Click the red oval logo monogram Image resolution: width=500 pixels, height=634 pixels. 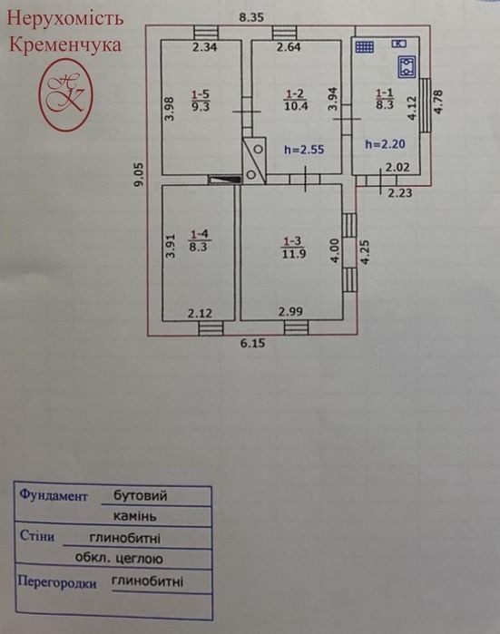[65, 94]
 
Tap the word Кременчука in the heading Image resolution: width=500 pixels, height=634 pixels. [65, 44]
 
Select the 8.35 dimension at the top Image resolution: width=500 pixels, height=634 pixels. [251, 17]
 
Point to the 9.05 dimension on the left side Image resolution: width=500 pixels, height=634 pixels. [139, 174]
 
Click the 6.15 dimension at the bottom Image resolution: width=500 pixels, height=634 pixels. [253, 343]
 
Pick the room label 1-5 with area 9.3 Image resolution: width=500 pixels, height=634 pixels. [201, 101]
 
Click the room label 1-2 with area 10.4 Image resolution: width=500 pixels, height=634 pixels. [295, 100]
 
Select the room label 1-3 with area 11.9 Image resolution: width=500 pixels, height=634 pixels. [293, 248]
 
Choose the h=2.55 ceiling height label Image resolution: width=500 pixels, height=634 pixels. [304, 150]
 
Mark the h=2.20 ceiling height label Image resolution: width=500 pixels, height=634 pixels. [385, 144]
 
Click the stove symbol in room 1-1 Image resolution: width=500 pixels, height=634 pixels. [407, 67]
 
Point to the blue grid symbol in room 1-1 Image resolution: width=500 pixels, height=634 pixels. [365, 47]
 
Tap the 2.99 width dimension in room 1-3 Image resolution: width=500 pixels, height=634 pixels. [290, 311]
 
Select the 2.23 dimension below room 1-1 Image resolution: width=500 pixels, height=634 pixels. [399, 193]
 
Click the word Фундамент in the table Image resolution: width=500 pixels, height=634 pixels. [54, 495]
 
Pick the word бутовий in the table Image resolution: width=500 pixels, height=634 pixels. [140, 495]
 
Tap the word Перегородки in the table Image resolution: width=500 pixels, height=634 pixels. [57, 582]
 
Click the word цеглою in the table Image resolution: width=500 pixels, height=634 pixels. [139, 559]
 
